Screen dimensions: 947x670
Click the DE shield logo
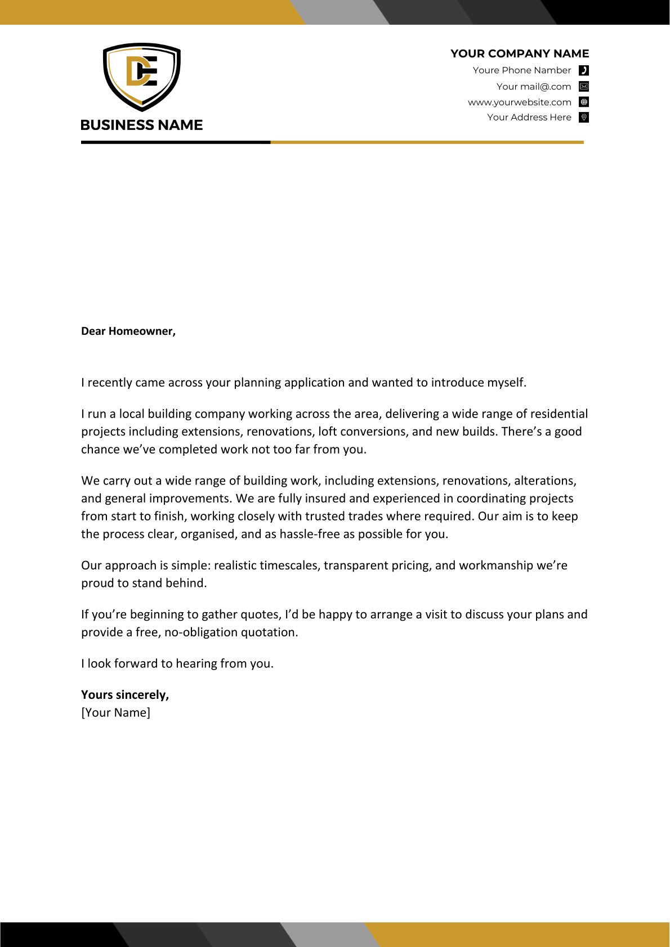point(142,77)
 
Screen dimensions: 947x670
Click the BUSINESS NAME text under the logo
point(142,125)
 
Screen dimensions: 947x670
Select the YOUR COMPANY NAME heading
point(519,53)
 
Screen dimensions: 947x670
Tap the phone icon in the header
point(584,70)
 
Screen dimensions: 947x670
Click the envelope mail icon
point(584,87)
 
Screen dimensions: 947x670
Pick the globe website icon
point(584,102)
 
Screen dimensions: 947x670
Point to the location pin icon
point(584,117)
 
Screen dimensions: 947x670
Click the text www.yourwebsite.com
point(519,102)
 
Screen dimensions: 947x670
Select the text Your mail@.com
point(533,87)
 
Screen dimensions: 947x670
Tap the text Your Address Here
point(529,117)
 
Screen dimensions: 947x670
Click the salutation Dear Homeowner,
point(128,331)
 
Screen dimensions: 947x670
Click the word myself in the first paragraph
point(505,383)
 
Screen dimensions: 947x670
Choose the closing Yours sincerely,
point(125,694)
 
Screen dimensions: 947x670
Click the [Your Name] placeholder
point(116,712)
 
